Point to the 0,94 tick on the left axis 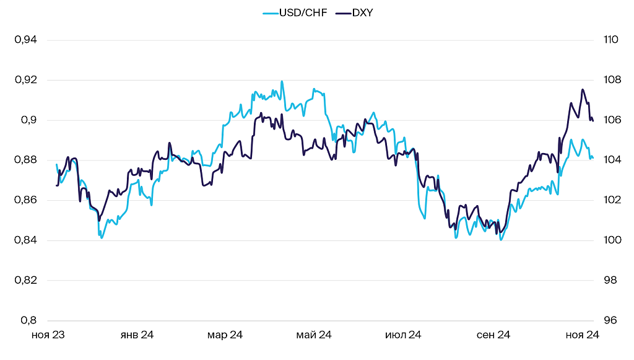tap(25, 40)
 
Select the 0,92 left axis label tap(25, 80)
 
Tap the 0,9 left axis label tap(28, 120)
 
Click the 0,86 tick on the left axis tap(25, 200)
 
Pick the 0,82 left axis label tap(25, 280)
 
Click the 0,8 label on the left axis tap(28, 320)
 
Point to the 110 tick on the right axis tap(610, 40)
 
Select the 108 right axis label tap(611, 80)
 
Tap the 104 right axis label tap(611, 160)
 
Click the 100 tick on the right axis tap(611, 240)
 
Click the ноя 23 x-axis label tap(48, 335)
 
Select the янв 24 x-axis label tap(136, 335)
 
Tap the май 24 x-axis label tap(314, 335)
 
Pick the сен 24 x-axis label tap(493, 335)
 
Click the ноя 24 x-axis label tap(583, 335)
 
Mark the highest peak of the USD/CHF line tap(282, 81)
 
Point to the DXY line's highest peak tap(582, 90)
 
